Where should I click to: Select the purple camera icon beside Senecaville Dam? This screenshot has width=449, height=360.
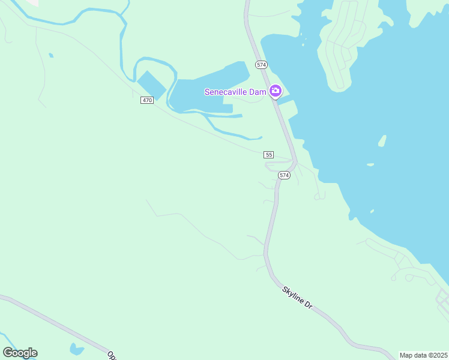[x=276, y=91]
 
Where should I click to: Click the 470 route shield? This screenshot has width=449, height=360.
[x=148, y=100]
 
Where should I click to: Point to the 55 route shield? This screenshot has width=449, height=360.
[x=269, y=155]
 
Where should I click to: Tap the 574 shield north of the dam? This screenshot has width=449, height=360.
[x=261, y=64]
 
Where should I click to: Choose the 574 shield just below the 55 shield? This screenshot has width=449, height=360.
[x=284, y=175]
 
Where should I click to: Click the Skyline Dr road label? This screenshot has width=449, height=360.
[x=298, y=298]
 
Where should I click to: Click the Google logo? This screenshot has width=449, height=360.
[x=20, y=353]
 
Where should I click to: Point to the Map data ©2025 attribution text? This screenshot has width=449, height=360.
[x=424, y=355]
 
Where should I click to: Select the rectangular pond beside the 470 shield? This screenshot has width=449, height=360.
[x=151, y=85]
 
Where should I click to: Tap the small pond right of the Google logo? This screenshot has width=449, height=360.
[x=76, y=349]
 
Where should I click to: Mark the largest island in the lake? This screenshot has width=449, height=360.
[x=381, y=141]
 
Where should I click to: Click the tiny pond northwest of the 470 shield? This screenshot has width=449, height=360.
[x=51, y=55]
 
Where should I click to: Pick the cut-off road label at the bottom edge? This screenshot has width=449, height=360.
[x=112, y=355]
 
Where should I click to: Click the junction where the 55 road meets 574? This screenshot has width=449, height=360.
[x=294, y=161]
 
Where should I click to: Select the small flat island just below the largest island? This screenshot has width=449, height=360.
[x=370, y=164]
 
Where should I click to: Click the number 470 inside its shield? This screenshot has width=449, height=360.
[x=148, y=100]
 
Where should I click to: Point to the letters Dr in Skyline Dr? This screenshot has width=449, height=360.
[x=309, y=305]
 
